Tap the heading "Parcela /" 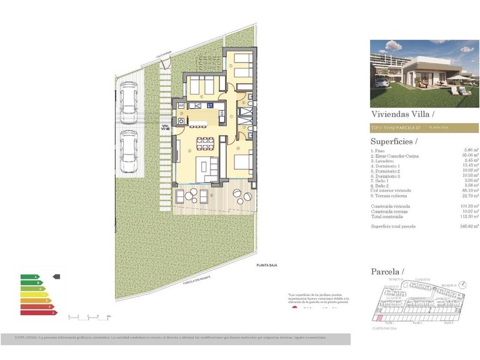tap(388, 271)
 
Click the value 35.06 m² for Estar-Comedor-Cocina tap(470, 156)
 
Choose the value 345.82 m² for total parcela tap(469, 226)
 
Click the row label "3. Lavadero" tap(385, 161)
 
